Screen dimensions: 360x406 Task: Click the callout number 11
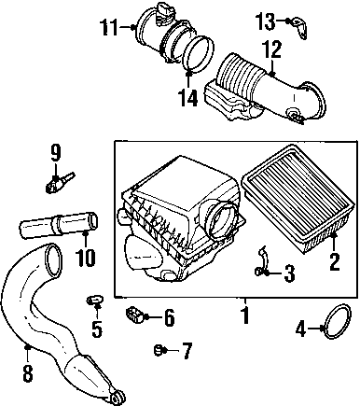pos(109,27)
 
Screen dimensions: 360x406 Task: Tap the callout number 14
pos(188,97)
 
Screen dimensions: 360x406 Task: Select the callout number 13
pos(265,21)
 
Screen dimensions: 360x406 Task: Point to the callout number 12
pos(272,49)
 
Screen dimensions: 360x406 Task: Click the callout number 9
pos(55,153)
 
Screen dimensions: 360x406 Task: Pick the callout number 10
pos(86,257)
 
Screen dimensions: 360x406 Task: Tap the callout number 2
pos(334,262)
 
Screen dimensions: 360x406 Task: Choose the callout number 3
pos(290,273)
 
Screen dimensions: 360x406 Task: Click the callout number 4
pos(300,329)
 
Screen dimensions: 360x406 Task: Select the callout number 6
pos(170,317)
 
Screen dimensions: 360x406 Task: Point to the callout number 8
pos(28,373)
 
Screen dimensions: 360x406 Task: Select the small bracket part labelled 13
pos(299,29)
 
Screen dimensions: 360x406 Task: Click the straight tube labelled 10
pos(59,225)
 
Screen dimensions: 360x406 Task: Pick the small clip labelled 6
pos(134,315)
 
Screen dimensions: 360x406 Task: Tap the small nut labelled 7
pos(159,350)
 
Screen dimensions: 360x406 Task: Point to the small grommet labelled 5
pos(94,300)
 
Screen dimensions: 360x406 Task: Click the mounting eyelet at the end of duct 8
pos(118,397)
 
